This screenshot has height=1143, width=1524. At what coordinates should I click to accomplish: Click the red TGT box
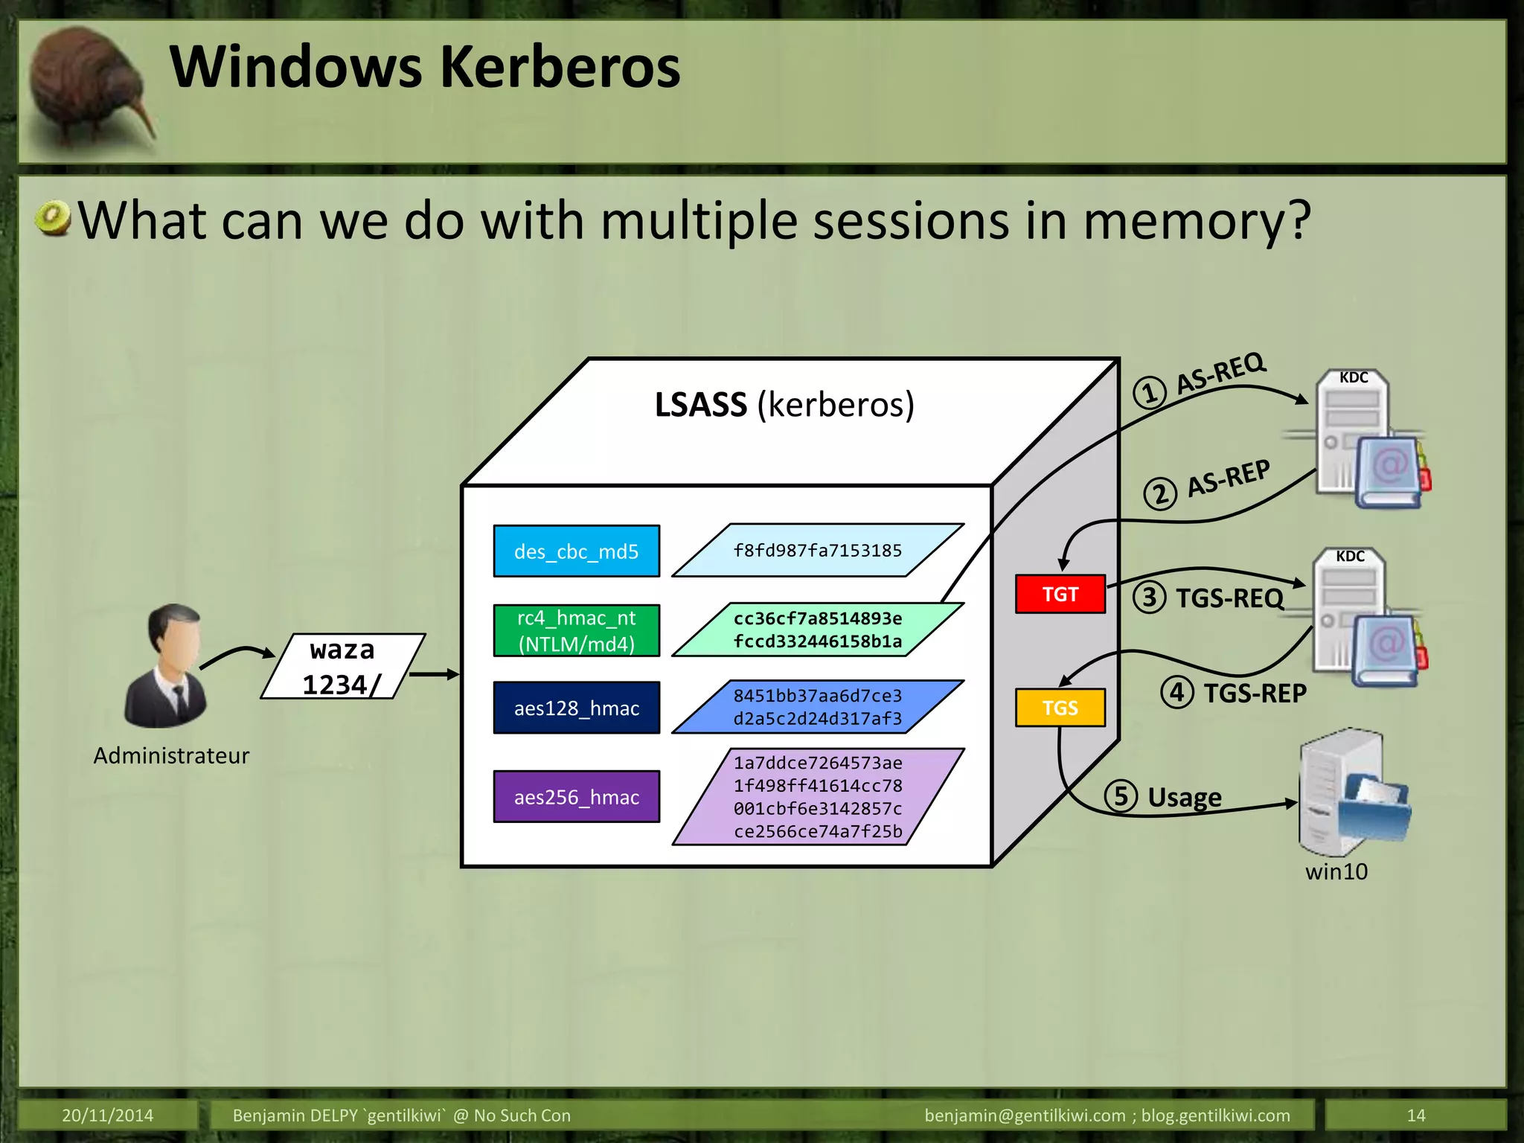point(1060,594)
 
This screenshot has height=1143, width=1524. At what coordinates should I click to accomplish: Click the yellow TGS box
point(1060,707)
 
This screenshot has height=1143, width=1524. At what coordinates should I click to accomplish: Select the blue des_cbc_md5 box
point(576,551)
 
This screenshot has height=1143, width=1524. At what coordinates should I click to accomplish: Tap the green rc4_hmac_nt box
point(576,630)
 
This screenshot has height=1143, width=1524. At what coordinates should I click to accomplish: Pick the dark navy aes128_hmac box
point(576,708)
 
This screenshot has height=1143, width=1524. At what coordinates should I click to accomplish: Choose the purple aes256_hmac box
point(576,797)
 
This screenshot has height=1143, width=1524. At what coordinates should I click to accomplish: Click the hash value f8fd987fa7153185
point(817,551)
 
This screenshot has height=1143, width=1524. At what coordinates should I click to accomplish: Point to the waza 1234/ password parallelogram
point(342,667)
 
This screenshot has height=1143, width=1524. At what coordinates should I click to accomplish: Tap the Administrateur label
point(171,755)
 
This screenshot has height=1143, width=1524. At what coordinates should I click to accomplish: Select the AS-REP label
point(1228,478)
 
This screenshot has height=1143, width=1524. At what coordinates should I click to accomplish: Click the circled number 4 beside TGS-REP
point(1176,693)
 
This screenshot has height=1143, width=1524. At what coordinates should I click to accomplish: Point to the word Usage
point(1184,798)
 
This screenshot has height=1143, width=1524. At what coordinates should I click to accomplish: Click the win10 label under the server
point(1336,871)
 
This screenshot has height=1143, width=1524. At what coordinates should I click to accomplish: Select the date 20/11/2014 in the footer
point(107,1115)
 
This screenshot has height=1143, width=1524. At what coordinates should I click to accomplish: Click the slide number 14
point(1415,1115)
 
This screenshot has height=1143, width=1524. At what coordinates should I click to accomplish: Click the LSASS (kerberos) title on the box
point(784,406)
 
